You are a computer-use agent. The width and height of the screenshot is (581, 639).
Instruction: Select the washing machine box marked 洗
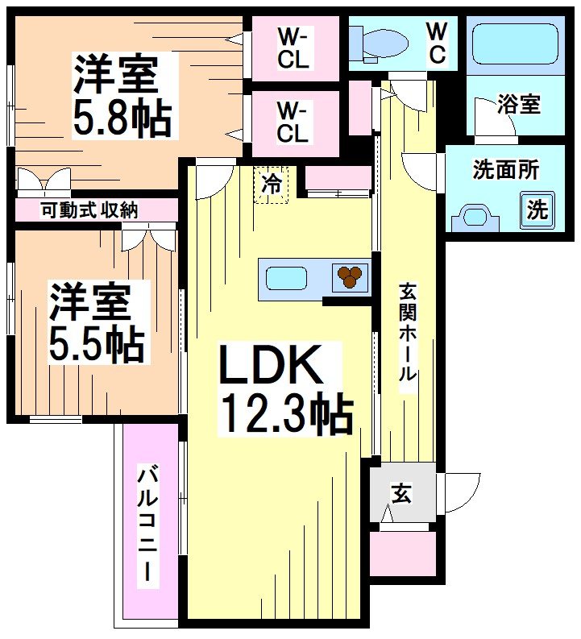pos(537,210)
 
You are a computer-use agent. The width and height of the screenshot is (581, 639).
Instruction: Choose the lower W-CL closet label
pos(293,122)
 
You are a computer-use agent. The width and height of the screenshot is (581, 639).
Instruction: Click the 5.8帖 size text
pos(122,118)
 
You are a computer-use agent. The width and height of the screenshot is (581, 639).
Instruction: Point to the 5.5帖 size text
pos(98,343)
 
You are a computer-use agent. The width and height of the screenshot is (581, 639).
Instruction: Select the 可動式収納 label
pos(90,211)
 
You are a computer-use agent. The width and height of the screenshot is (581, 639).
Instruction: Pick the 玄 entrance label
pos(400,493)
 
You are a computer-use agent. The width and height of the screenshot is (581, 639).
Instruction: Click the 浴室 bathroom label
pos(519,104)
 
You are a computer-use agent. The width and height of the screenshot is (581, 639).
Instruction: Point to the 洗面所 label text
pos(505,170)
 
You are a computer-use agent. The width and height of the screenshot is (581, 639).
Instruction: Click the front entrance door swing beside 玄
pos(460,491)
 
